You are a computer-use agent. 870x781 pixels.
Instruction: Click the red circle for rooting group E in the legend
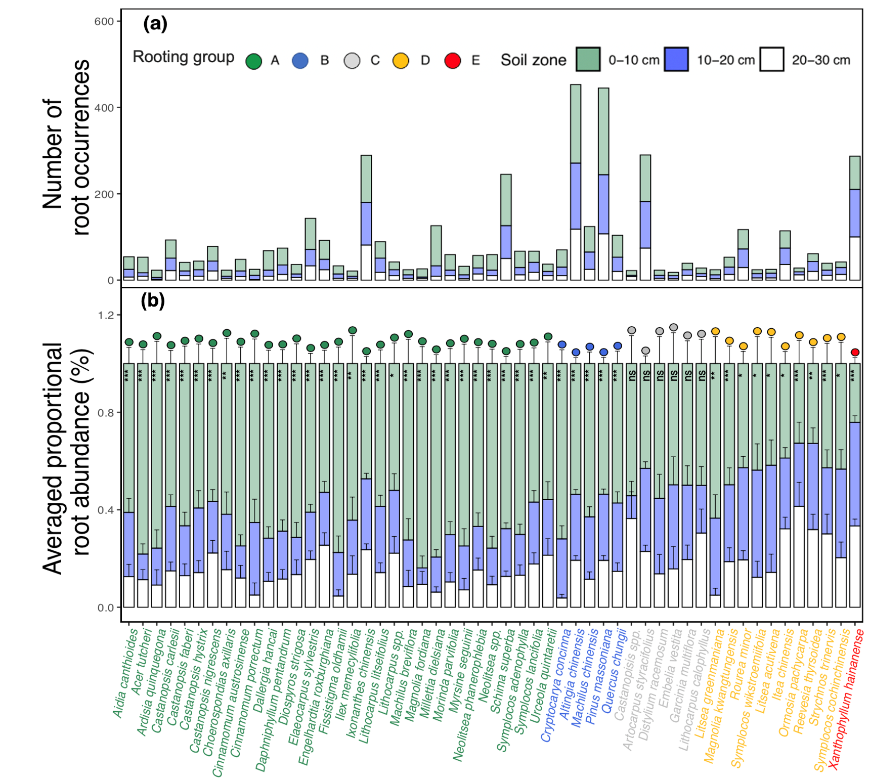coord(452,61)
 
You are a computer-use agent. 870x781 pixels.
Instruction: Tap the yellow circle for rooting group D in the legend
coord(401,61)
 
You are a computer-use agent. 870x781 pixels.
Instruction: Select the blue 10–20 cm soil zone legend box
coord(676,60)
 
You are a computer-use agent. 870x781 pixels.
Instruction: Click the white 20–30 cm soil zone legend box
coord(771,60)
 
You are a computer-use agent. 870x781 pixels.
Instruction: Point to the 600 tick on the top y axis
coord(104,21)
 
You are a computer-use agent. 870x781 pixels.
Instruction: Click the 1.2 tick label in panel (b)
coord(106,315)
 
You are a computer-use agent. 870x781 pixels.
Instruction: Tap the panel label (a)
coord(155,24)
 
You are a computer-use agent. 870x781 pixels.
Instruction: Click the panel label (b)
coord(153,301)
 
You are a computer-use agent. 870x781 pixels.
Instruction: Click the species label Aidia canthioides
coord(125,673)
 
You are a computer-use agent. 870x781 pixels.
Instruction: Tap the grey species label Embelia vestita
coord(670,668)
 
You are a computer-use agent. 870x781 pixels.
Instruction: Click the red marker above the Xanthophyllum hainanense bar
coord(855,352)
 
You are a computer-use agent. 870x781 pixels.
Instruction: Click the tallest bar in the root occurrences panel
coord(576,182)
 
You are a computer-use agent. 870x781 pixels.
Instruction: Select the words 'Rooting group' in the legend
coord(184,57)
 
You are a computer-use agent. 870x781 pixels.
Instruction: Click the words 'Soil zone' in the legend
coord(533,60)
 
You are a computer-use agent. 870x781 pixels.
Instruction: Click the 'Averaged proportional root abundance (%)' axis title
coord(66,458)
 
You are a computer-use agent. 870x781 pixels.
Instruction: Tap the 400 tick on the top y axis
coord(104,108)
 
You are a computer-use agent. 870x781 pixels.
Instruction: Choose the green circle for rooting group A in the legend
coord(253,61)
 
